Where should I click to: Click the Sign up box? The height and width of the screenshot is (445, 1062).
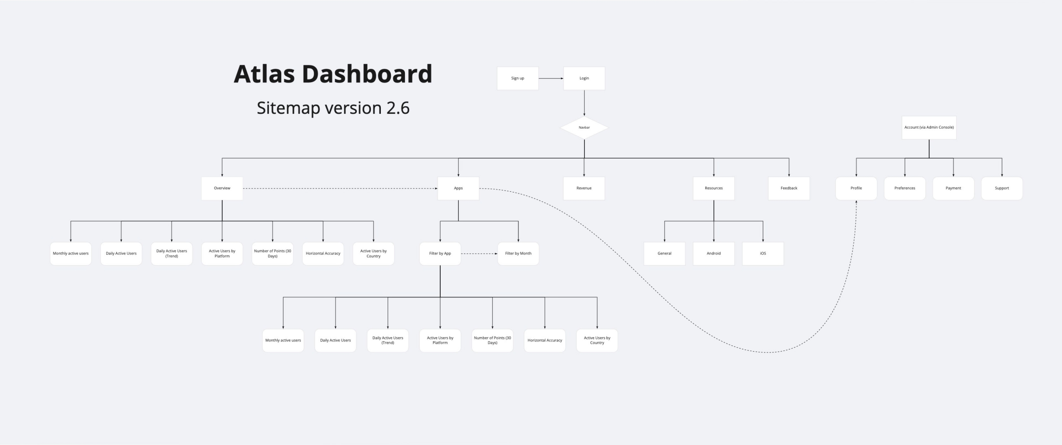click(x=518, y=78)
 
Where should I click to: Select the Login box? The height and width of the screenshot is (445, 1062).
click(x=584, y=78)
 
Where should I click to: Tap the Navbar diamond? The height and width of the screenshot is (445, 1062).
click(x=584, y=127)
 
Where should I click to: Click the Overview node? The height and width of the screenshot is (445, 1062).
click(x=222, y=188)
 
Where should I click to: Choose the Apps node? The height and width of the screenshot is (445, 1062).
click(x=458, y=188)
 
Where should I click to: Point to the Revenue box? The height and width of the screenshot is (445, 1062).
click(x=584, y=188)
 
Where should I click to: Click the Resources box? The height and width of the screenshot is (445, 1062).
click(x=714, y=188)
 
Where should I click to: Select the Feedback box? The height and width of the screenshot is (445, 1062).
click(x=789, y=188)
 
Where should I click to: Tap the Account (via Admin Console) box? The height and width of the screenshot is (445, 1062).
click(x=929, y=127)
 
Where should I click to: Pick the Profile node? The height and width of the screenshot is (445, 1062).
click(x=856, y=188)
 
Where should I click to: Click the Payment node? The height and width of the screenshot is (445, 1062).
click(x=953, y=188)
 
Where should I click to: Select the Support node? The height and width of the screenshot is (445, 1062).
click(x=1002, y=188)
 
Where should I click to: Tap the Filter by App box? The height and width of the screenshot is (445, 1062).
click(x=440, y=254)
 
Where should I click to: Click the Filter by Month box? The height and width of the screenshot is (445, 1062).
click(x=518, y=254)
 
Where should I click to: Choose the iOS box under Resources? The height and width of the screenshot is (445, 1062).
click(x=763, y=254)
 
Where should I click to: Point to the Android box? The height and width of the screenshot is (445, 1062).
click(x=714, y=254)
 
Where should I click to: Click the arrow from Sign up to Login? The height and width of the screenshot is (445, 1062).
click(x=551, y=78)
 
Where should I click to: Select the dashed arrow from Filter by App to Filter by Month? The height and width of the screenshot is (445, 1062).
click(x=479, y=254)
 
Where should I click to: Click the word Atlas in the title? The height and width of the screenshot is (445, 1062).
click(x=264, y=74)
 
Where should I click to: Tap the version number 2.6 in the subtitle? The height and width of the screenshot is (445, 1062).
click(x=398, y=108)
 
